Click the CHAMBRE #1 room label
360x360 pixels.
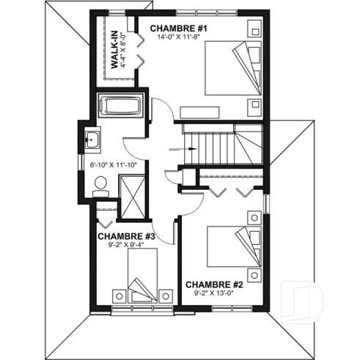[x=180, y=29]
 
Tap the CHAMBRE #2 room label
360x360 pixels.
[x=214, y=284]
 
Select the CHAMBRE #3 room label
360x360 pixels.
[x=126, y=236]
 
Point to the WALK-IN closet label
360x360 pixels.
[x=115, y=51]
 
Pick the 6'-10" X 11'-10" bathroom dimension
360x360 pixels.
[x=114, y=165]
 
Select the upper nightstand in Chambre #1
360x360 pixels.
[x=254, y=29]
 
